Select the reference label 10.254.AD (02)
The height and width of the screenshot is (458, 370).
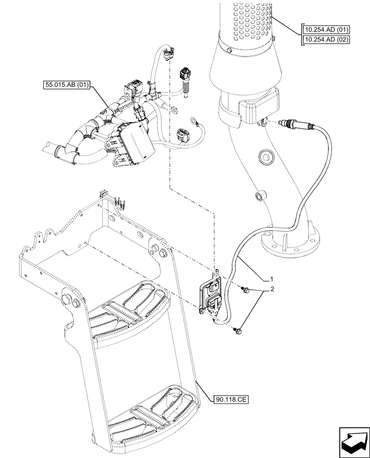pyautogui.click(x=326, y=39)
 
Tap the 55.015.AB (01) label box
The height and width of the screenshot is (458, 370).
pyautogui.click(x=67, y=85)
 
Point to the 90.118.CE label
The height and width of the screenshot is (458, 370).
pyautogui.click(x=231, y=400)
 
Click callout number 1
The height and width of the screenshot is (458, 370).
pyautogui.click(x=272, y=278)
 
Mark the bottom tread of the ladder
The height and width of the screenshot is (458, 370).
pyautogui.click(x=151, y=414)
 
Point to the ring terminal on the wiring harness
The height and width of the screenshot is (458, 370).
pyautogui.click(x=194, y=121)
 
